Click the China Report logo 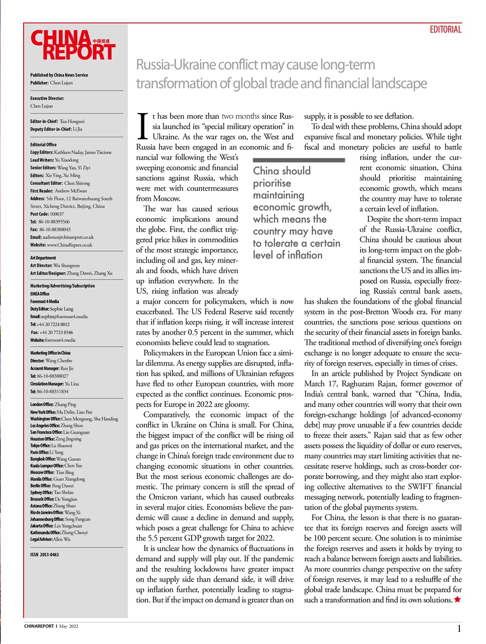click(73, 45)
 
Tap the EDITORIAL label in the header click(445, 30)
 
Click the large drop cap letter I click(143, 126)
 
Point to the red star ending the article click(457, 599)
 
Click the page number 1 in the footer click(459, 628)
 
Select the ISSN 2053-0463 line click(44, 554)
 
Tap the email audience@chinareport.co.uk click(62, 237)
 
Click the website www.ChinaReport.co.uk click(61, 245)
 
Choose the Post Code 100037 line click(47, 214)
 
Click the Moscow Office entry click(52, 472)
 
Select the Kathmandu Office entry click(58, 532)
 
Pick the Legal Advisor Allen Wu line click(50, 539)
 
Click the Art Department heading click(43, 258)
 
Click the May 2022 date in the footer click(69, 626)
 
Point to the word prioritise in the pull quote click(272, 183)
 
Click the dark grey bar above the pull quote click(299, 160)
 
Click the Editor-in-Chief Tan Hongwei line click(57, 121)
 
